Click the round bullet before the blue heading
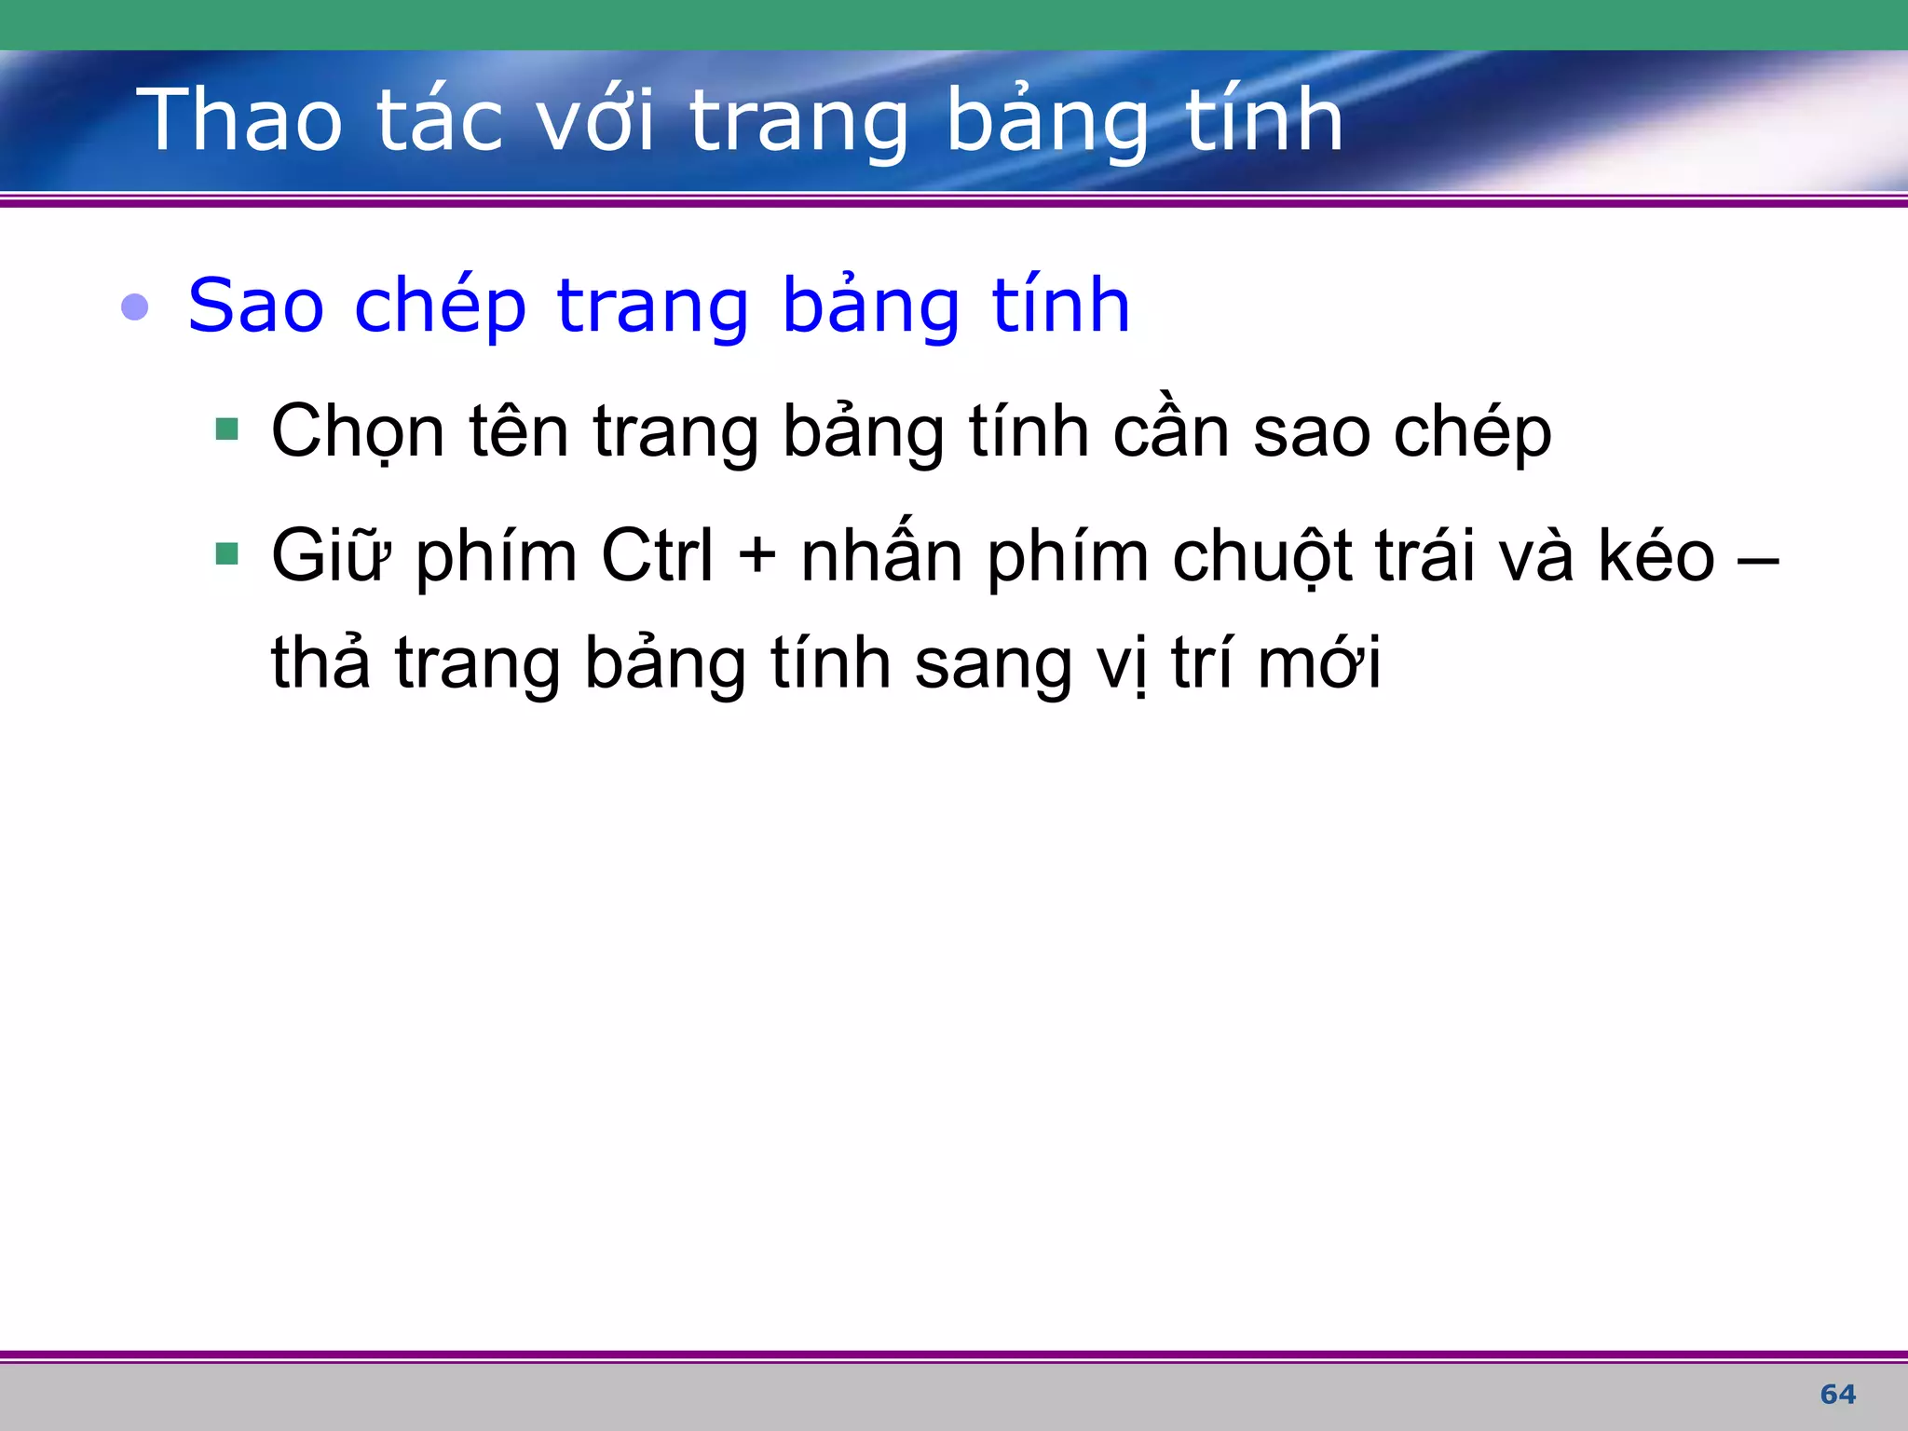point(135,307)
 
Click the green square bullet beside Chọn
point(226,429)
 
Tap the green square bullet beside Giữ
point(226,554)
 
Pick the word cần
point(1171,430)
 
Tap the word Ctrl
point(657,555)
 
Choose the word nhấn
point(881,553)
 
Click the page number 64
point(1837,1395)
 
